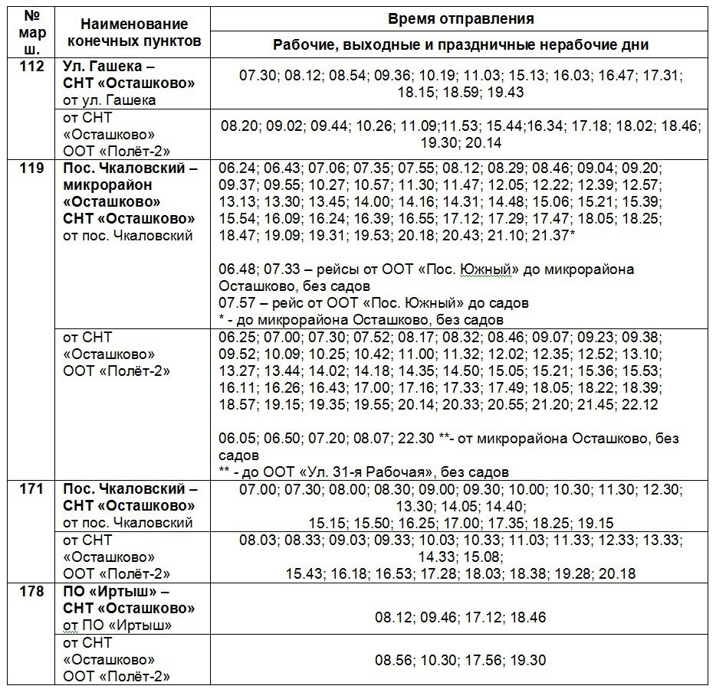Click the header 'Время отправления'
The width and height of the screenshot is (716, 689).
tap(461, 18)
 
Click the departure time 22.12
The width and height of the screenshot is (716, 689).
tap(642, 404)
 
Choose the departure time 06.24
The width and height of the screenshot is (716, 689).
tap(235, 168)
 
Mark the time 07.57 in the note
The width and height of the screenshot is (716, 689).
tap(235, 303)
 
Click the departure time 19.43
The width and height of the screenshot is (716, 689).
tap(505, 92)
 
